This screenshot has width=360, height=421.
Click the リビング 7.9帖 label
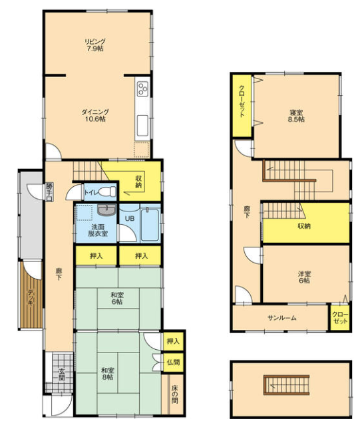[x=95, y=45]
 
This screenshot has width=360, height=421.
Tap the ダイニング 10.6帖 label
[x=95, y=116]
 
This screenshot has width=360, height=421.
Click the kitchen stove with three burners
[x=142, y=88]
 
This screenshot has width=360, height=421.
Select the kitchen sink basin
[x=142, y=126]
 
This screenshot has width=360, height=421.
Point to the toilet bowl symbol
[x=107, y=192]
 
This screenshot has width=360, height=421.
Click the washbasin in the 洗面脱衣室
[x=107, y=210]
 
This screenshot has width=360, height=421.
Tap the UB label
[x=130, y=219]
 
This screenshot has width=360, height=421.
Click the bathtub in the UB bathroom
[x=150, y=224]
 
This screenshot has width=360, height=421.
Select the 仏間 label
[x=173, y=362]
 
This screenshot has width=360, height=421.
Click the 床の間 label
[x=175, y=394]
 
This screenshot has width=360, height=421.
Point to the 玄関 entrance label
[x=61, y=375]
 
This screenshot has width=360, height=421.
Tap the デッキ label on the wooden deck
[x=31, y=297]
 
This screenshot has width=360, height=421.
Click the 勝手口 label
[x=49, y=192]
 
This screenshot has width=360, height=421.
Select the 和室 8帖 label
[x=107, y=374]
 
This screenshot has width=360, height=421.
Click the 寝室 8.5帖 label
[x=296, y=116]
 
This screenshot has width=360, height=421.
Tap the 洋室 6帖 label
[x=304, y=277]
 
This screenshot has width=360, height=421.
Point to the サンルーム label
[x=282, y=318]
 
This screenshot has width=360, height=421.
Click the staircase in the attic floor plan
[x=286, y=385]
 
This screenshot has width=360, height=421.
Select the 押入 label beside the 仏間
[x=173, y=341]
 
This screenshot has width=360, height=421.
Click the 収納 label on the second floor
[x=304, y=226]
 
